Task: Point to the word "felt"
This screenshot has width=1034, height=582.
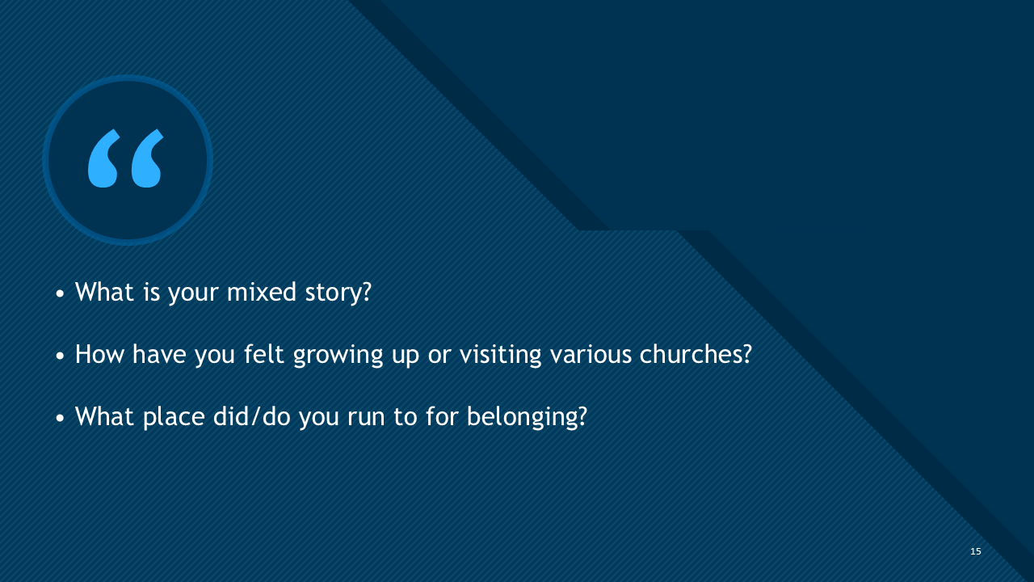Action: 264,354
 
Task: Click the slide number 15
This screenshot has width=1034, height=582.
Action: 976,551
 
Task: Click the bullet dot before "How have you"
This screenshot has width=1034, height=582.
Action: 61,356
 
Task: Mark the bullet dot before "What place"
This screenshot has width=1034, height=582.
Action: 61,420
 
